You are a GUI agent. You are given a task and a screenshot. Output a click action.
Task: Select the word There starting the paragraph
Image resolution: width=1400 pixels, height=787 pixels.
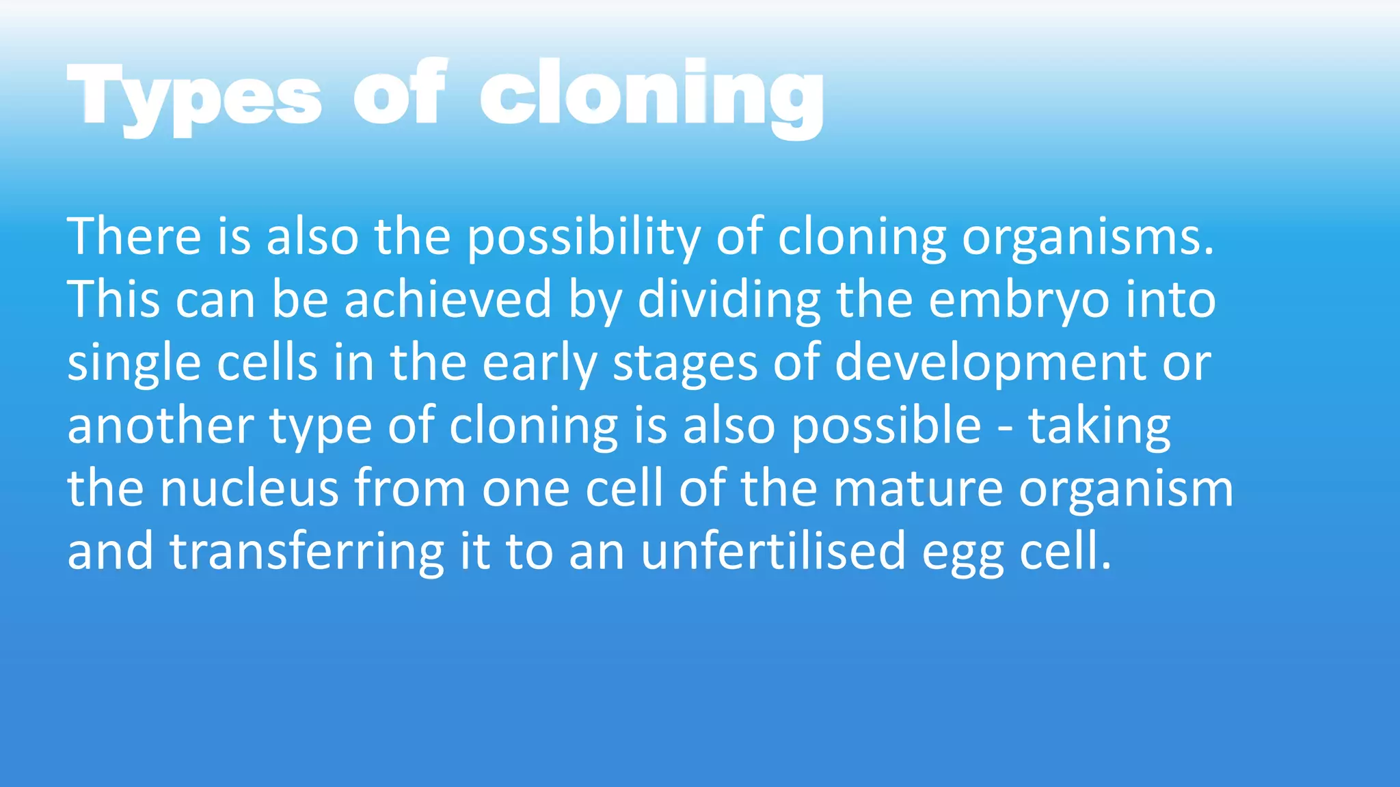coord(134,236)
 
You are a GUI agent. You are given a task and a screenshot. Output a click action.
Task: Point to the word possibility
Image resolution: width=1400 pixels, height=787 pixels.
coord(584,236)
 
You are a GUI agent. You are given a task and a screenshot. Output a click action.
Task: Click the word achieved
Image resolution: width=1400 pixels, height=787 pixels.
coord(448,299)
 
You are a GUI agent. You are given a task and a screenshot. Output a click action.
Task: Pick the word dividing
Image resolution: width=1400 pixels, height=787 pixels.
coord(729,299)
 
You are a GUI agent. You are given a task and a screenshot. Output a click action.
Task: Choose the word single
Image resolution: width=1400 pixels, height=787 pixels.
coord(134,363)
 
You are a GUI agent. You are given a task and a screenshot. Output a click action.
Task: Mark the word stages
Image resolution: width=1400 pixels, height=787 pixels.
coord(685,363)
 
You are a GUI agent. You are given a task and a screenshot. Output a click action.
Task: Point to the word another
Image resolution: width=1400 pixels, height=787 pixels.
coord(160,426)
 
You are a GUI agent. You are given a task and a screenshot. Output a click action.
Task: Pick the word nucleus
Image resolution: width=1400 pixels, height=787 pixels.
coord(249,488)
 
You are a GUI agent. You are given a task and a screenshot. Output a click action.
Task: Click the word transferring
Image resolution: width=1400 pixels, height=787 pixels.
coord(307,551)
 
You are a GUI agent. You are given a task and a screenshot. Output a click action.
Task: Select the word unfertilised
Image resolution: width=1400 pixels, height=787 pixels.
coord(773,551)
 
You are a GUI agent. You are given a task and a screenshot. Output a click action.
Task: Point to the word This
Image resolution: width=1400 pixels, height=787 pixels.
coord(113,299)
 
